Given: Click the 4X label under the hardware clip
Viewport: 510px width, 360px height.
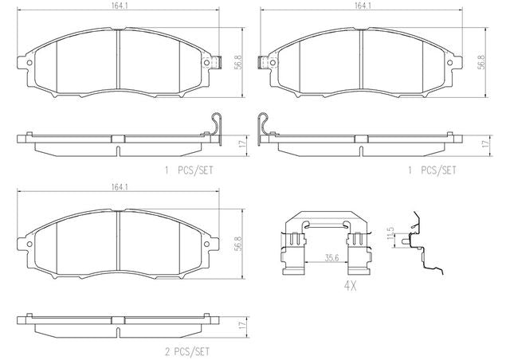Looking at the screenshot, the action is pyautogui.click(x=351, y=286).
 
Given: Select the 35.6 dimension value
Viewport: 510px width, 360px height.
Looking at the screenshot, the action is pyautogui.click(x=331, y=258).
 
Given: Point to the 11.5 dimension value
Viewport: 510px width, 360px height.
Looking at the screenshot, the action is pyautogui.click(x=390, y=234).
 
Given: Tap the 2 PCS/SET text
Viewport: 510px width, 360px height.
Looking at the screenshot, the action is pyautogui.click(x=187, y=351).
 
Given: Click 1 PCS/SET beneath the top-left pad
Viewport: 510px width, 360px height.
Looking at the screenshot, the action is pyautogui.click(x=189, y=170).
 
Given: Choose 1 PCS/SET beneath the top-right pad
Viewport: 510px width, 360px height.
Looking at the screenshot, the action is pyautogui.click(x=432, y=170).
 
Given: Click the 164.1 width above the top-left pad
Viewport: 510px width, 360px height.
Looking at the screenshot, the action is pyautogui.click(x=120, y=6).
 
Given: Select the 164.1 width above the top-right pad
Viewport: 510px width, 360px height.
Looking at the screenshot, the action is pyautogui.click(x=363, y=6).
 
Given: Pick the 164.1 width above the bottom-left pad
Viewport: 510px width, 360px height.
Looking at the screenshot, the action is pyautogui.click(x=120, y=187).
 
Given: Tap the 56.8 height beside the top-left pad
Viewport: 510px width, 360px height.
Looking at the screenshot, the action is pyautogui.click(x=238, y=62).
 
